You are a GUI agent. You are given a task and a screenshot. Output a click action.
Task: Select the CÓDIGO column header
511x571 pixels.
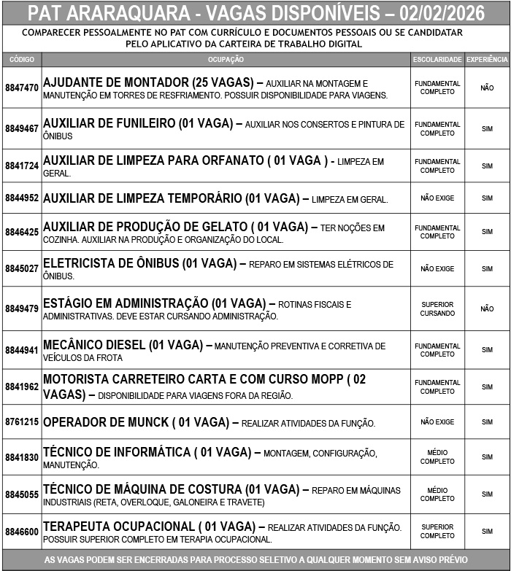click(x=22, y=59)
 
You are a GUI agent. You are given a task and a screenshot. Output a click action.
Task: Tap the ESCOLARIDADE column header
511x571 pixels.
click(x=437, y=59)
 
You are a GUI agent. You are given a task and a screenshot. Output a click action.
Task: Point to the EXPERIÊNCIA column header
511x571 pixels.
click(x=487, y=59)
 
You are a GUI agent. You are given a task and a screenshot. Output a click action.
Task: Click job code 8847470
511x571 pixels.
click(x=22, y=88)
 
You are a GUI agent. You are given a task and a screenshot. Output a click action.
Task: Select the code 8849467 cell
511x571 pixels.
click(x=22, y=128)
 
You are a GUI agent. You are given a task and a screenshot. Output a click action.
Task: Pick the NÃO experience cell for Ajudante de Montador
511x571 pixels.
click(x=487, y=88)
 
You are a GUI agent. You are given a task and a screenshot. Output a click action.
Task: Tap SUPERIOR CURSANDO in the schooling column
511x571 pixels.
click(x=437, y=308)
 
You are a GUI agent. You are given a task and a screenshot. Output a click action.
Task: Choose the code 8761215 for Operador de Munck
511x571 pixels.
click(x=22, y=422)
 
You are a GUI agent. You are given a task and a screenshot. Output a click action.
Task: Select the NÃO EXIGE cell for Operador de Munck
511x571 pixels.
click(x=437, y=422)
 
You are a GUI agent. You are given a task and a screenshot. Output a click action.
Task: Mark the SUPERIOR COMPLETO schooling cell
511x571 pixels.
click(x=437, y=532)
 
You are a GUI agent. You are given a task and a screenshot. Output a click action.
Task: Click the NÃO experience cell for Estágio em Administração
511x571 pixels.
click(x=487, y=308)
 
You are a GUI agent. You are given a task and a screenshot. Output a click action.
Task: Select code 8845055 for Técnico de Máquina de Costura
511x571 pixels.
click(x=22, y=494)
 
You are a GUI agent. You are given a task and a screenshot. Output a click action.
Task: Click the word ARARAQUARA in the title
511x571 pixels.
click(x=128, y=13)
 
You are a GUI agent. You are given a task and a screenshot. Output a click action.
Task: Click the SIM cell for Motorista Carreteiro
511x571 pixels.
click(x=487, y=387)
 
